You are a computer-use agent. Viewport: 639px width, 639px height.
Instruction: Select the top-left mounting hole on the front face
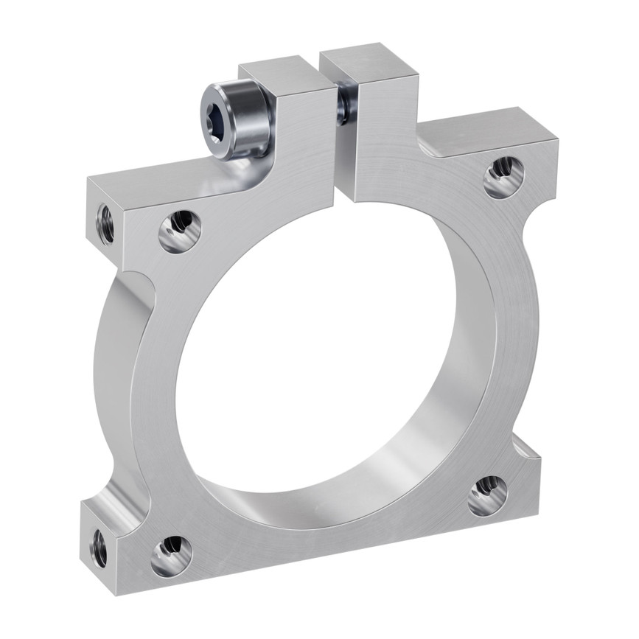tap(180, 231)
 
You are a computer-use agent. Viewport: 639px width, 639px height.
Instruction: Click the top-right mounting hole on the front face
tap(504, 177)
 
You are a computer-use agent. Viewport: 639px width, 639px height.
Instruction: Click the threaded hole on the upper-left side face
tap(105, 223)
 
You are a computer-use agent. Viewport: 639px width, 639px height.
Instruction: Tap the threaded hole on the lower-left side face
tap(99, 548)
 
